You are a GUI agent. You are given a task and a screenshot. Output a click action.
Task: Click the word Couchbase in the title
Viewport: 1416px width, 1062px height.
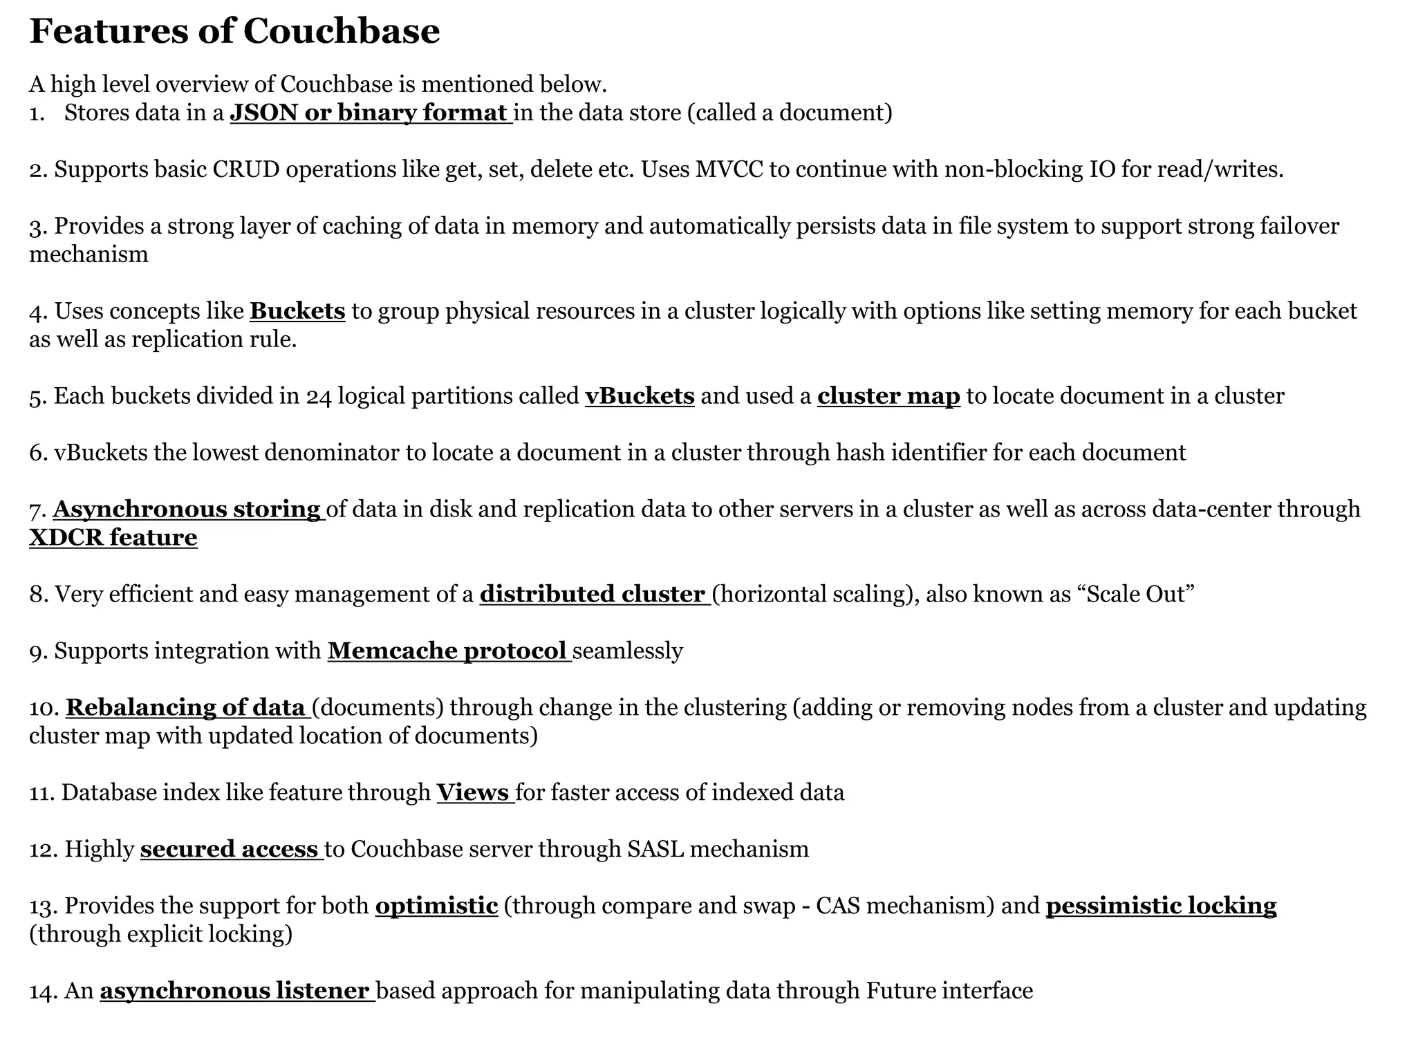pyautogui.click(x=342, y=31)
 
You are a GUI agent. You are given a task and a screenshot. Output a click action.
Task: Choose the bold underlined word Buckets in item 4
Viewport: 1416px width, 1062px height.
pyautogui.click(x=297, y=311)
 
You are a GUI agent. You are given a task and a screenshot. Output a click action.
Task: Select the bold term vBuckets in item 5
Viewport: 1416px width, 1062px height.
pyautogui.click(x=640, y=396)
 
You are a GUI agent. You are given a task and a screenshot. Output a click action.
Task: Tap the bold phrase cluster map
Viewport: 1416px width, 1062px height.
pyautogui.click(x=888, y=396)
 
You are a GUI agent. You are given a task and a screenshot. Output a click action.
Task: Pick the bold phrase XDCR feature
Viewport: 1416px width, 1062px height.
pyautogui.click(x=113, y=538)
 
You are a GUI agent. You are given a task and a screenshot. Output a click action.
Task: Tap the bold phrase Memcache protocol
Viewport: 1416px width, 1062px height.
pyautogui.click(x=447, y=651)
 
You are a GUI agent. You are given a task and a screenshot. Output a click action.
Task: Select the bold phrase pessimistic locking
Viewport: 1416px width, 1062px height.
pyautogui.click(x=1161, y=906)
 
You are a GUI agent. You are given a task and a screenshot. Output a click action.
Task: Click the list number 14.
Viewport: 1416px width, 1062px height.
pyautogui.click(x=42, y=991)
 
